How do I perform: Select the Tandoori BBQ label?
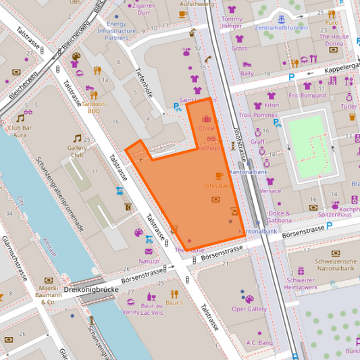click(x=95, y=108)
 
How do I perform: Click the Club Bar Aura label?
click(x=20, y=131)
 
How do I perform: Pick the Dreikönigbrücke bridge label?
click(x=91, y=290)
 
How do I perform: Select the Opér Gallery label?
click(x=249, y=309)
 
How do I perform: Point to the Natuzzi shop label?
click(x=149, y=261)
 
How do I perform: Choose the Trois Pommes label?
click(x=258, y=115)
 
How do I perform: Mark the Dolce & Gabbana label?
click(x=279, y=217)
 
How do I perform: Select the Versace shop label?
click(x=270, y=191)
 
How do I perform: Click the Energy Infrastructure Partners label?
click(x=117, y=30)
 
